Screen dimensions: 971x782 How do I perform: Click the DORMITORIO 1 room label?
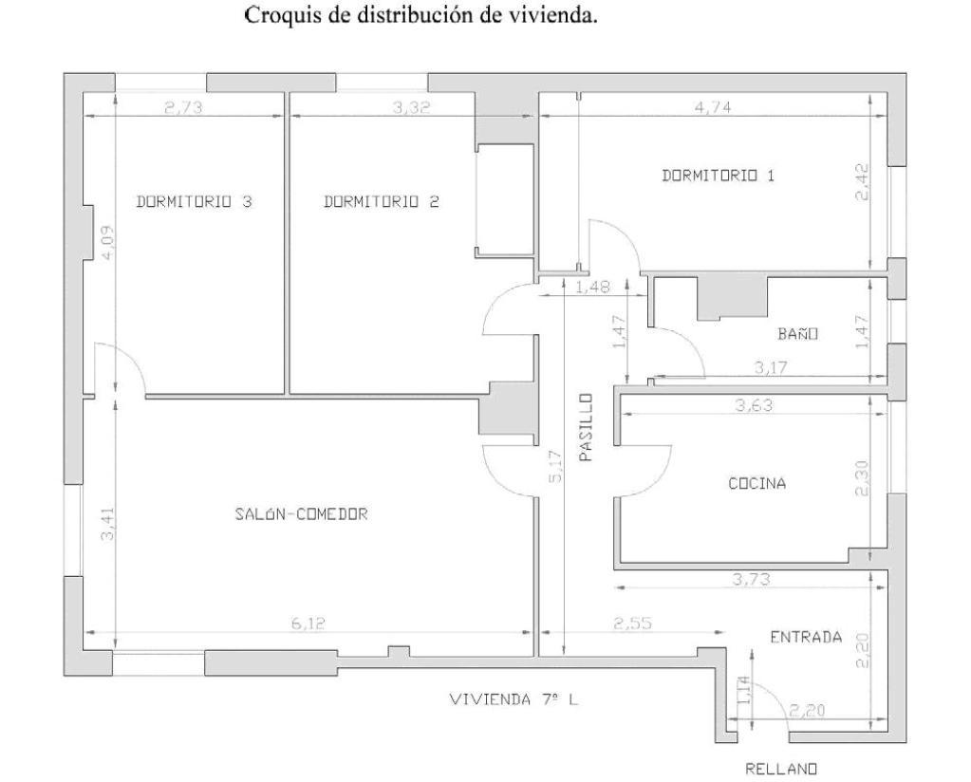click(718, 176)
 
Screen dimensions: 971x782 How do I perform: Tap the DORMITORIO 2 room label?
click(381, 201)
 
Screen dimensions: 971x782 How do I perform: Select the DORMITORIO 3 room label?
click(194, 201)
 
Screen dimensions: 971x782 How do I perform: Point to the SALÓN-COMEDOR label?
click(301, 514)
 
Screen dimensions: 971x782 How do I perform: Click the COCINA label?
click(756, 483)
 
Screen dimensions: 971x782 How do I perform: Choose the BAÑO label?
click(798, 333)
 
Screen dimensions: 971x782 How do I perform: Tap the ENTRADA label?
click(806, 637)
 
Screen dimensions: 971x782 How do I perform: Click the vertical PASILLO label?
click(586, 427)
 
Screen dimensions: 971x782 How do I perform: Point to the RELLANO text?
click(781, 769)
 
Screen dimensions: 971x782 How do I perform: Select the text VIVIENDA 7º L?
click(514, 699)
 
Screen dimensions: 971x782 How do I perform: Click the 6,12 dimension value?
click(308, 623)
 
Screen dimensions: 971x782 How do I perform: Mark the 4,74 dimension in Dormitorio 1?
click(713, 107)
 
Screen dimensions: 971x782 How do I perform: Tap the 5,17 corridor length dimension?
click(555, 466)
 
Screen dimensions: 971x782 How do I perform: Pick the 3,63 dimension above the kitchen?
click(754, 405)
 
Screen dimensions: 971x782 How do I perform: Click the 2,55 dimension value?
click(633, 623)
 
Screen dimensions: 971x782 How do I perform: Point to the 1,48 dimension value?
click(592, 287)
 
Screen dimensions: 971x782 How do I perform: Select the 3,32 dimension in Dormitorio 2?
click(411, 107)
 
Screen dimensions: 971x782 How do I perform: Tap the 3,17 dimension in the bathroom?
click(771, 368)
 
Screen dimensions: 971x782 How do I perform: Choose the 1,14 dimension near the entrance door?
click(745, 690)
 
